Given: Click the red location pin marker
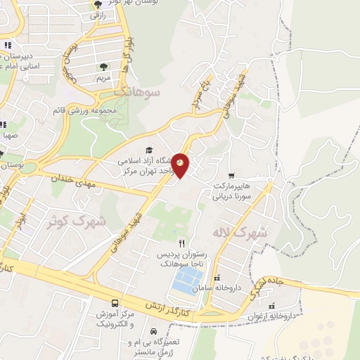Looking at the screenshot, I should point(181,165).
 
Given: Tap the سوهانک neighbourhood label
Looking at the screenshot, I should point(138,91).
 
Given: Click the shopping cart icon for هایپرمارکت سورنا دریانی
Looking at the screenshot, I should point(231,176).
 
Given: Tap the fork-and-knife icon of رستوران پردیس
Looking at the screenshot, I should point(181,243).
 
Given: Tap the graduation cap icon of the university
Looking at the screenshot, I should point(148,150).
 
